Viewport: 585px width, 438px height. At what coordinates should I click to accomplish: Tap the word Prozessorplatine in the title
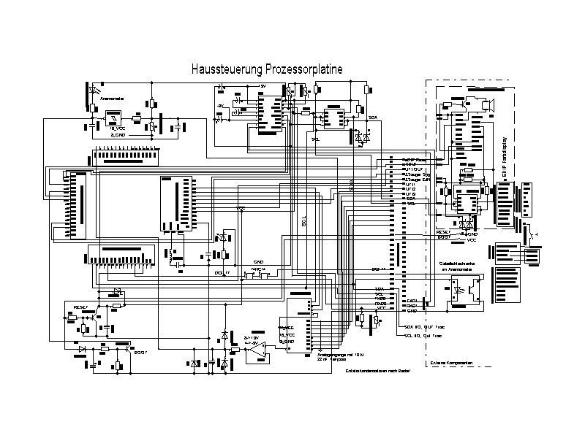click(304, 69)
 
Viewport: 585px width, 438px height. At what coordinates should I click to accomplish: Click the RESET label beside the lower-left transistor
click(80, 307)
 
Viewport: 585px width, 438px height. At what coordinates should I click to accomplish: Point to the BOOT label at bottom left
click(140, 351)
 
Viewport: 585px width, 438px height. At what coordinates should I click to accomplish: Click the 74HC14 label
click(258, 269)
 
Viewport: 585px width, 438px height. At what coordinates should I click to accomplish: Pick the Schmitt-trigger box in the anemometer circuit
click(113, 118)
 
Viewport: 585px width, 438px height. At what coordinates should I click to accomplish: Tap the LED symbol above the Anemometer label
click(94, 90)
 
